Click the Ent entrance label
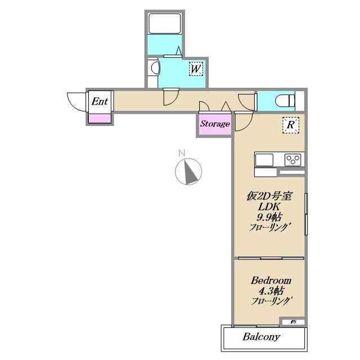(x=100, y=101)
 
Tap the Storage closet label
(x=215, y=124)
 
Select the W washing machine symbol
(x=196, y=69)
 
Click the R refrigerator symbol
(x=291, y=125)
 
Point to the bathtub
(x=164, y=24)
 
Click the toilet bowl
(x=285, y=101)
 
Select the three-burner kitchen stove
(x=292, y=160)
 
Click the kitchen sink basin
(x=264, y=160)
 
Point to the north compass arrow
(x=191, y=172)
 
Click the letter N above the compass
(x=182, y=153)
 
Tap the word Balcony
(x=262, y=337)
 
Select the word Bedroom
(x=271, y=281)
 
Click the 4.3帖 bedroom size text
(x=271, y=291)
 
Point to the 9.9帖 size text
(x=269, y=217)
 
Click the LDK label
(x=269, y=207)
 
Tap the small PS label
(x=293, y=322)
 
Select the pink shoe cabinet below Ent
(x=100, y=119)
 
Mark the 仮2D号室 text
(x=269, y=196)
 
